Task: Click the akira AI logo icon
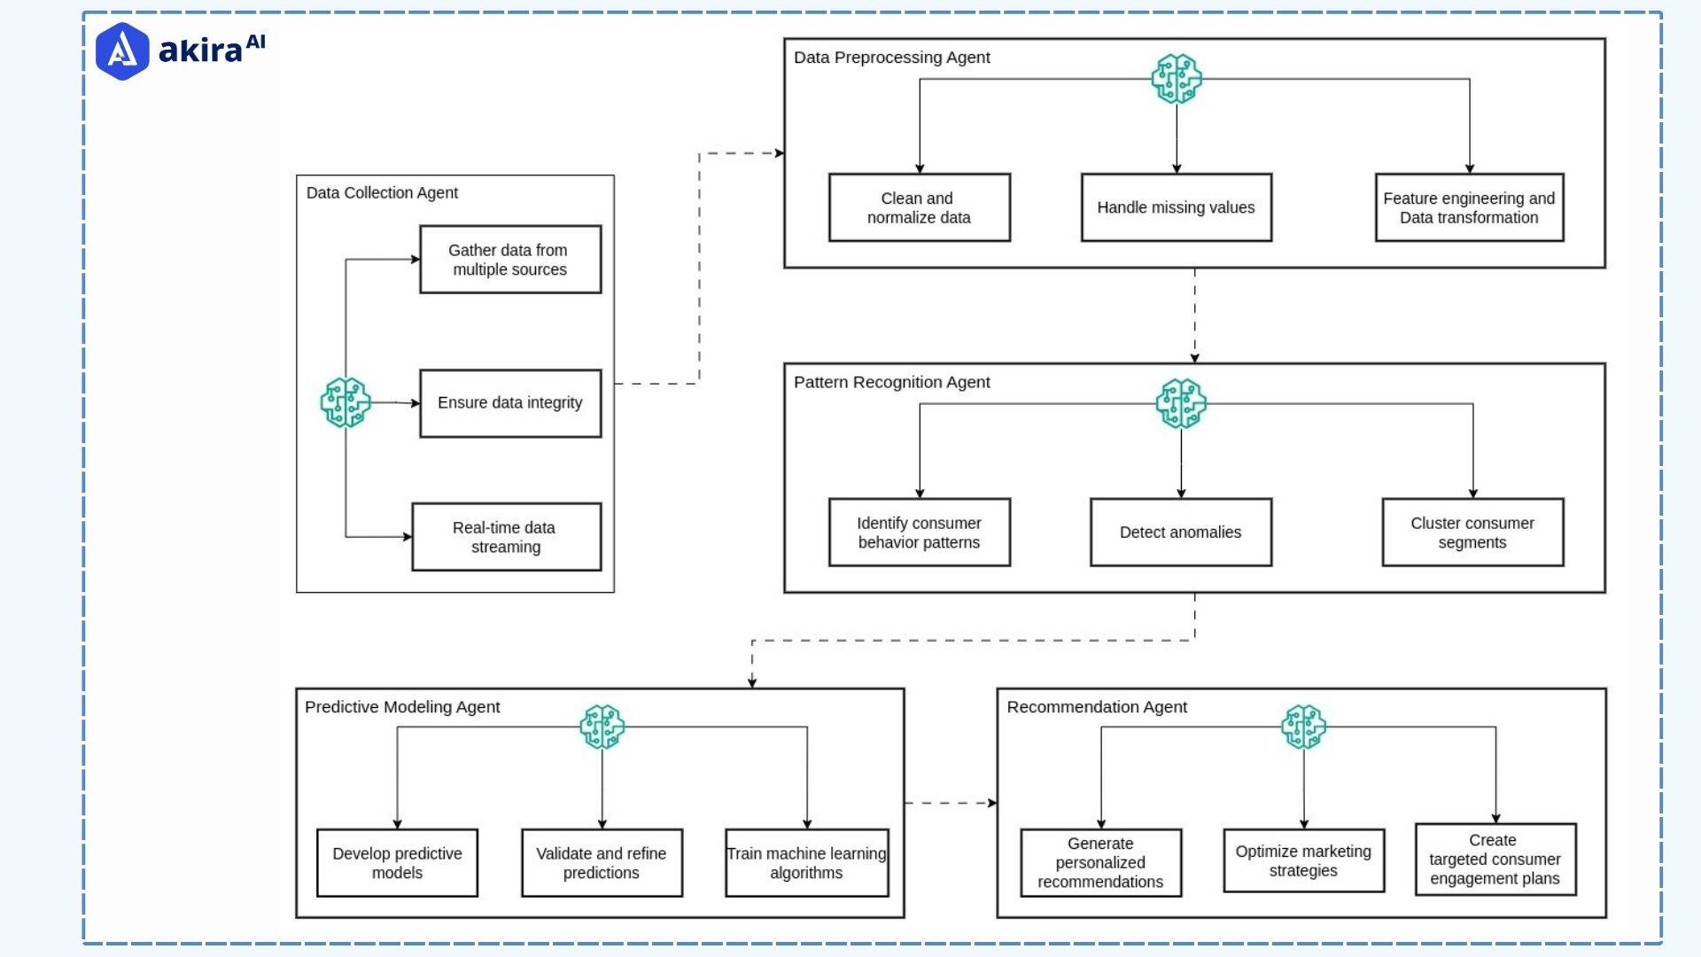click(122, 51)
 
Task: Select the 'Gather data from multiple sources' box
click(510, 260)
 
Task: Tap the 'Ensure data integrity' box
click(510, 403)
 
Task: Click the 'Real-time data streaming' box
click(506, 537)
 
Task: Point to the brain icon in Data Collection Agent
click(345, 402)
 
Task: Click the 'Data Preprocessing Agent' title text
click(891, 58)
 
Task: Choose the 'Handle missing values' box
click(1176, 207)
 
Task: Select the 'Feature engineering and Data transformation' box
click(1469, 207)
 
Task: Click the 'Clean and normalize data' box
click(919, 207)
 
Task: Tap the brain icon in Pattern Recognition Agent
click(1181, 403)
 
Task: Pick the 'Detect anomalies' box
click(1180, 533)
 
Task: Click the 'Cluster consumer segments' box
click(1472, 533)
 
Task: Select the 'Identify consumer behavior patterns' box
click(919, 533)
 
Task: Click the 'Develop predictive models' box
click(397, 863)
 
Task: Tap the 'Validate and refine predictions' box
click(602, 863)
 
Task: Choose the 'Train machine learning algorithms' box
click(806, 863)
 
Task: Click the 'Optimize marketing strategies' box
click(1303, 860)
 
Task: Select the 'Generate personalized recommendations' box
click(1100, 863)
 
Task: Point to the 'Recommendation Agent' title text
click(1097, 707)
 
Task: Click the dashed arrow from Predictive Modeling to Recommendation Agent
click(950, 803)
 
